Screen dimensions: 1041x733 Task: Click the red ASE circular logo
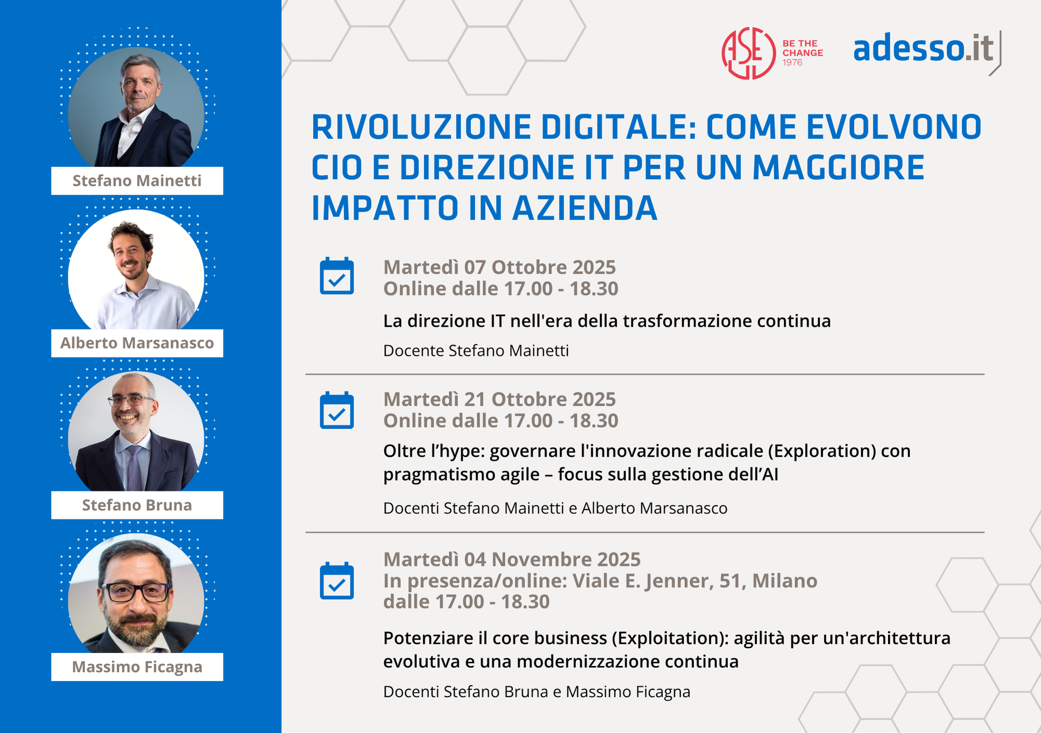[x=748, y=53]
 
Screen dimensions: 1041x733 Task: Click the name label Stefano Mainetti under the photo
[x=137, y=181]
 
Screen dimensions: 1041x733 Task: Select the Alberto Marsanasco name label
[x=137, y=343]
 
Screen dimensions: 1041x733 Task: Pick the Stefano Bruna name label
[x=137, y=505]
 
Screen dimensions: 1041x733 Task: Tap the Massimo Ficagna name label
[x=137, y=667]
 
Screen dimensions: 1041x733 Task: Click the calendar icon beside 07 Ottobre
[x=337, y=276]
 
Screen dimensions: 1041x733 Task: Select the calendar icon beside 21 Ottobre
[x=337, y=410]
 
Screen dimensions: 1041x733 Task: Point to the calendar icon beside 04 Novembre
[x=337, y=581]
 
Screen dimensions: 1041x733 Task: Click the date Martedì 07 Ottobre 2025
[x=500, y=267]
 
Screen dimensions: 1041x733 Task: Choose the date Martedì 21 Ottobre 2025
[x=500, y=399]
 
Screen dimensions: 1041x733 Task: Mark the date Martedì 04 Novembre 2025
[x=512, y=559]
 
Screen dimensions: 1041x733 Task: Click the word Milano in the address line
[x=785, y=581]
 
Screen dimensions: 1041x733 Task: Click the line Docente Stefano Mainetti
[x=476, y=351]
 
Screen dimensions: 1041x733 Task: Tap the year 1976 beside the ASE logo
[x=792, y=62]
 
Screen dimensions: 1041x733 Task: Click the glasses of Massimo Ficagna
[x=136, y=592]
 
